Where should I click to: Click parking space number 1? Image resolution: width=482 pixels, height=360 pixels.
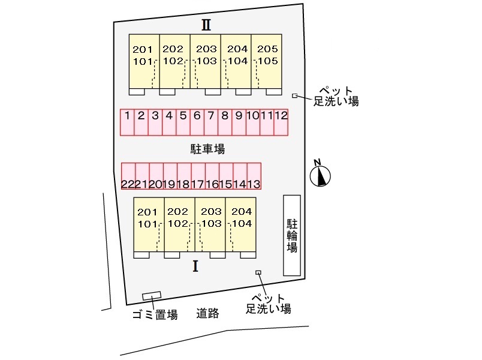127,122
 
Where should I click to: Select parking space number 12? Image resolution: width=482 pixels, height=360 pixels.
281,122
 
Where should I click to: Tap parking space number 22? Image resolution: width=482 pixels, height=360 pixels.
128,176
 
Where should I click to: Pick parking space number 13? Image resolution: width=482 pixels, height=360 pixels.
254,176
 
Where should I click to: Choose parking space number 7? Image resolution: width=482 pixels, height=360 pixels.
210,122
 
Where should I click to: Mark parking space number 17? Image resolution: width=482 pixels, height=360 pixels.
198,176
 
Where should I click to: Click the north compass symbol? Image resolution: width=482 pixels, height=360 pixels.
321,175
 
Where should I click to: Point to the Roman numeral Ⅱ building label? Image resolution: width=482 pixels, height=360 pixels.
206,25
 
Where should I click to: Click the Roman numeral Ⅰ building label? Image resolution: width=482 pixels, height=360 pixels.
195,266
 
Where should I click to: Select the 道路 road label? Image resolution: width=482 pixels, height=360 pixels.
208,313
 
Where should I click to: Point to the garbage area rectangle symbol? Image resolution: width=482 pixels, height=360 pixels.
152,296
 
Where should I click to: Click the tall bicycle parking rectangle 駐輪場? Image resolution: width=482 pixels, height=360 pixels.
292,235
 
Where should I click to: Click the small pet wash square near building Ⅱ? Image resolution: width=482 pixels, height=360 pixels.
294,95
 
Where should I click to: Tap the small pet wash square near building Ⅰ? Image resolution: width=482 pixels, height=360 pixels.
258,272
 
